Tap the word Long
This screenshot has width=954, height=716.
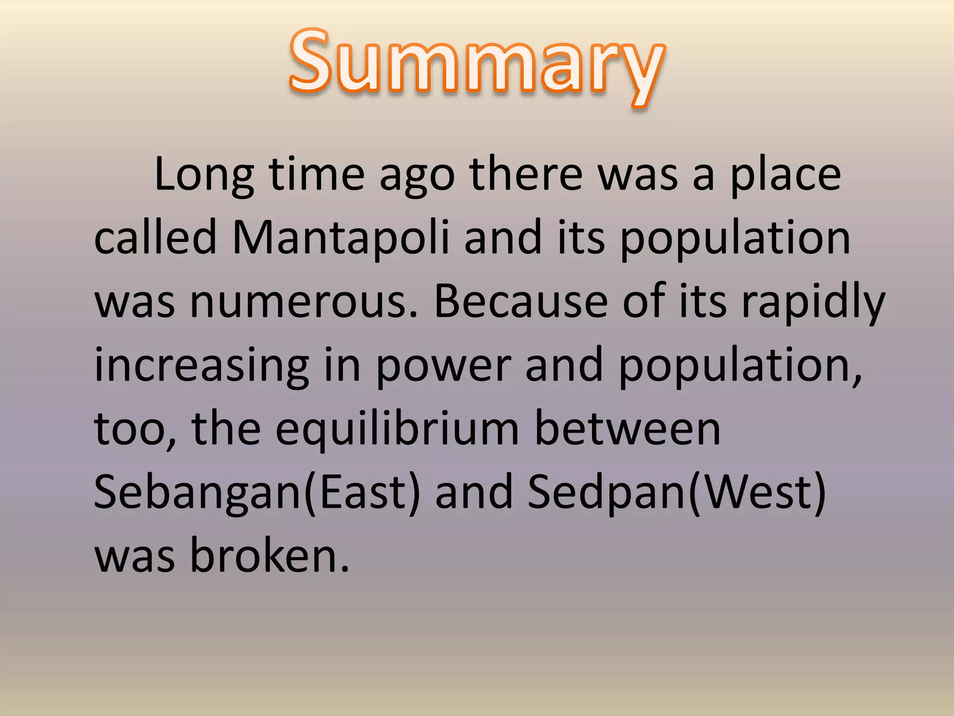click(204, 175)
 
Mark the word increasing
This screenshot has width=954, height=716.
click(202, 366)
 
